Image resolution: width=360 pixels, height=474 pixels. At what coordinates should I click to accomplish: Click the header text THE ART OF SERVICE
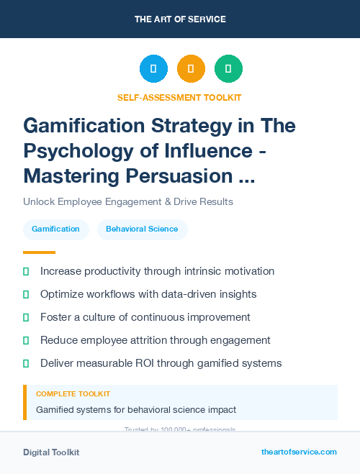click(x=179, y=19)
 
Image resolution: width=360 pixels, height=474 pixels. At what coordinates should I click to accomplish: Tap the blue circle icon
click(x=153, y=69)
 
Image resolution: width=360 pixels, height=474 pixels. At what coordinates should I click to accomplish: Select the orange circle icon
click(x=191, y=69)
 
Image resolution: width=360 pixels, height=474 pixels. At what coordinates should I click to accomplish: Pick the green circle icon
click(x=228, y=69)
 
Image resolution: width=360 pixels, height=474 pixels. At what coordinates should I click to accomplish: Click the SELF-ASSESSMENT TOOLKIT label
click(x=179, y=97)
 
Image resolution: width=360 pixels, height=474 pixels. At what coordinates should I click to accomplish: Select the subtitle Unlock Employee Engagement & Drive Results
click(x=127, y=201)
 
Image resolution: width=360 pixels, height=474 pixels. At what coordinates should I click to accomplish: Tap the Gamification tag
click(x=55, y=229)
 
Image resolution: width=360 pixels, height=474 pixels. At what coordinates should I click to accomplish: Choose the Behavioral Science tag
click(x=142, y=229)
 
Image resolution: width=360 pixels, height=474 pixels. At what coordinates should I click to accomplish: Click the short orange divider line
click(x=39, y=252)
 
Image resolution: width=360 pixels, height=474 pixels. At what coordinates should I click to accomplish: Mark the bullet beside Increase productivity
click(x=26, y=271)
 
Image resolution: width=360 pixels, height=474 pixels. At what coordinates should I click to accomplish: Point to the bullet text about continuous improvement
click(x=145, y=317)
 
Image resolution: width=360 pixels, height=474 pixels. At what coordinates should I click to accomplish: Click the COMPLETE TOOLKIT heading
click(x=73, y=394)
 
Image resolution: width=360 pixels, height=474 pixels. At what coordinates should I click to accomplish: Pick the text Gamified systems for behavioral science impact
click(x=136, y=410)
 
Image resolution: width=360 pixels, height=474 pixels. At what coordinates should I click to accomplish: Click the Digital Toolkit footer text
click(x=51, y=452)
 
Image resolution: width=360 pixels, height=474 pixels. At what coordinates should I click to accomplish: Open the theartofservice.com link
click(x=299, y=452)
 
